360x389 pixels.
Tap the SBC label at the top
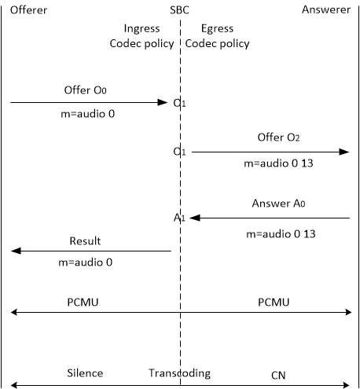(x=181, y=9)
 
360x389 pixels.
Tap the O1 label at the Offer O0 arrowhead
(x=180, y=103)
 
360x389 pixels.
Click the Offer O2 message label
(x=277, y=137)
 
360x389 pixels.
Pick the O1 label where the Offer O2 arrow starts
(x=180, y=152)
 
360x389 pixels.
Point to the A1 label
(x=180, y=218)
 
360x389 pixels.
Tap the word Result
(x=85, y=240)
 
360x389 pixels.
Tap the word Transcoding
(x=180, y=373)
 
